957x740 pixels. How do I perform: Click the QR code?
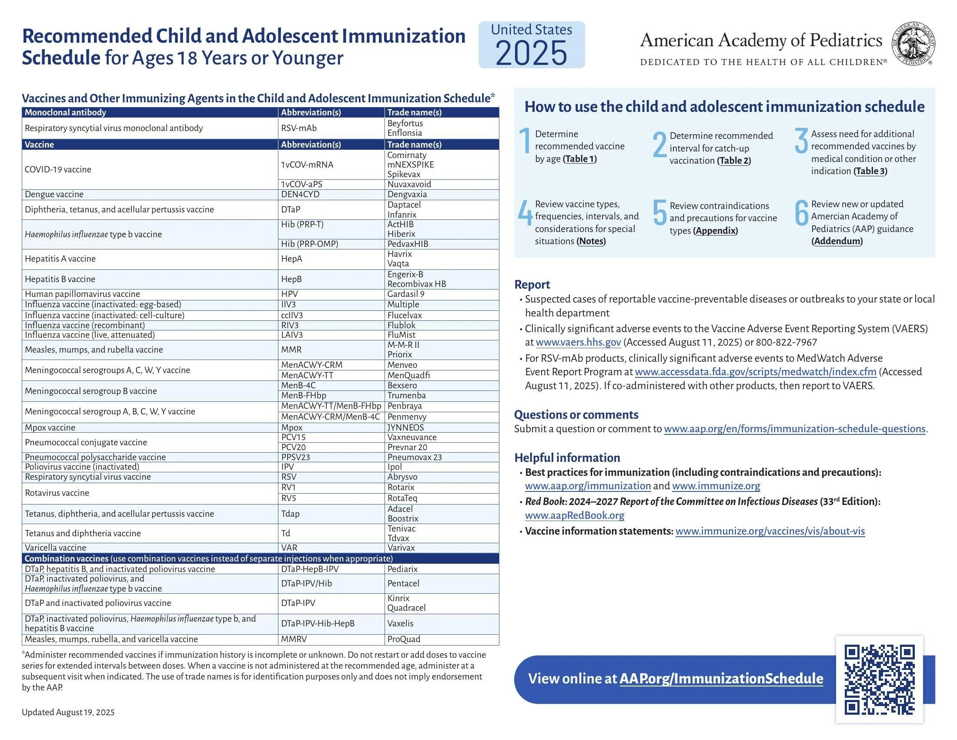tap(879, 679)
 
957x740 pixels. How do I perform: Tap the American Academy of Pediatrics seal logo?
tap(914, 44)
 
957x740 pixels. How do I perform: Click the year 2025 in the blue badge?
tap(532, 53)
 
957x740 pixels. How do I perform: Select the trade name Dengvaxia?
tap(407, 194)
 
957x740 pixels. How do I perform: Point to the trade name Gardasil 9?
tap(406, 294)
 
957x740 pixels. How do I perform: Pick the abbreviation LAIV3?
tap(292, 335)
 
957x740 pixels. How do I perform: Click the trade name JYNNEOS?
tap(405, 427)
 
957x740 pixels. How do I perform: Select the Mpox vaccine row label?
tap(50, 427)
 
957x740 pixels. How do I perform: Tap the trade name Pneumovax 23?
tap(415, 457)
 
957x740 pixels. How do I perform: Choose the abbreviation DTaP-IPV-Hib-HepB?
tap(318, 623)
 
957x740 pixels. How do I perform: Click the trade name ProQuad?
tap(404, 639)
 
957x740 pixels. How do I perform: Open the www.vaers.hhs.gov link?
tap(578, 343)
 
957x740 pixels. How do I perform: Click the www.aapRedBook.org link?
tap(575, 515)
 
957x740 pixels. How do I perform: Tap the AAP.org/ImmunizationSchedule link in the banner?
tap(721, 679)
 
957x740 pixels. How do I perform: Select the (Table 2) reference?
tap(734, 161)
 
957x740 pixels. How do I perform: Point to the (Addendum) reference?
tap(837, 241)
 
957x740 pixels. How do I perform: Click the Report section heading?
tap(532, 285)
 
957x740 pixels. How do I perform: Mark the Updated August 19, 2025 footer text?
tap(68, 713)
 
